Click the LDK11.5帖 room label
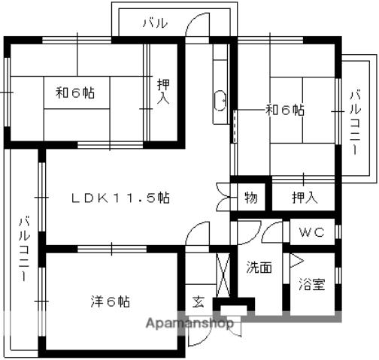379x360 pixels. coord(121,198)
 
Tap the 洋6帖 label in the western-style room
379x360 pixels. coord(111,301)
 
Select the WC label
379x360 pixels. coord(312,232)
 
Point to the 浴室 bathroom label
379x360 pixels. coord(312,284)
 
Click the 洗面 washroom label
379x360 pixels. coord(259,267)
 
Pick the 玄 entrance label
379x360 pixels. coord(199,302)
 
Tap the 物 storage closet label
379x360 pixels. coord(251,198)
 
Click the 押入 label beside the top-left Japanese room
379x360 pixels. coord(163,92)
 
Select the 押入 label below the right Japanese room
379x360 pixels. coord(305,198)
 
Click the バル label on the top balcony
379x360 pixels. coord(155,23)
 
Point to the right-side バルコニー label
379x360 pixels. coord(356,123)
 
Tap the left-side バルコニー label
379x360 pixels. coord(25,250)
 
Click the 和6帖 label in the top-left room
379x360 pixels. coord(75,92)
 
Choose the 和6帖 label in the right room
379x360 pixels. coord(285,110)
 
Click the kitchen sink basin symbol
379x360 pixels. coord(220,101)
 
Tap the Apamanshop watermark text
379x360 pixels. coord(189,323)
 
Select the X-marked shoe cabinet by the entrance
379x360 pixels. coord(223,275)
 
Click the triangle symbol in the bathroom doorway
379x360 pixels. coord(296,261)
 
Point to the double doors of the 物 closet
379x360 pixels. coord(223,198)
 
